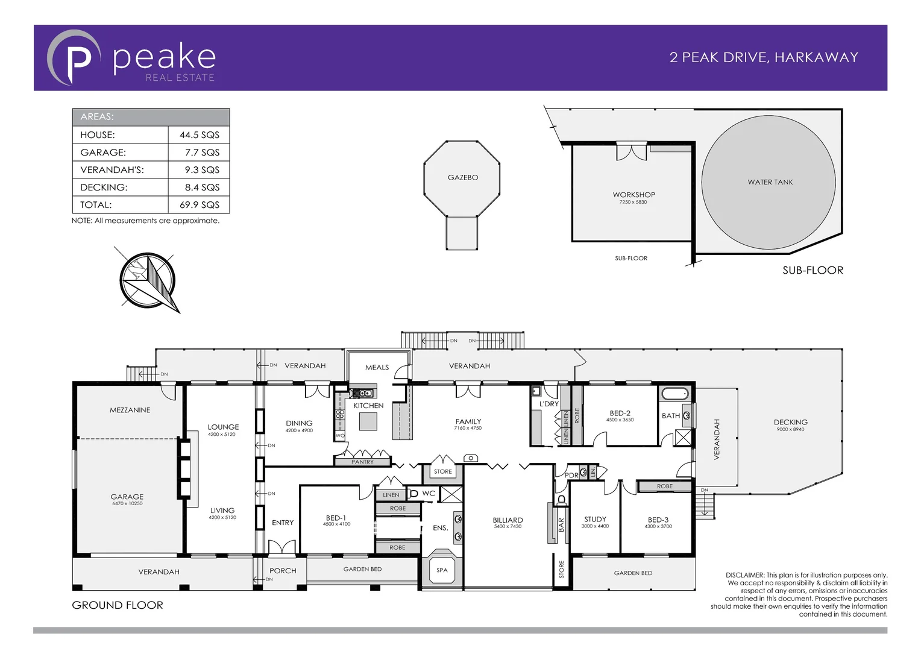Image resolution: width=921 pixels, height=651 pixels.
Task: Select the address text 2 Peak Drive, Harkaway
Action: (763, 57)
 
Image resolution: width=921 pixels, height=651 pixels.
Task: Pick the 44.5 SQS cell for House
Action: (199, 135)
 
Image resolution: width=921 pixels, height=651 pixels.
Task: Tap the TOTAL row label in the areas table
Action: (96, 205)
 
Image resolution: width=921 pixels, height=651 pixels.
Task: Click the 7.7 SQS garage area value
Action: (202, 153)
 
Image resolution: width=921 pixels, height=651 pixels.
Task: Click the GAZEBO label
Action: (462, 177)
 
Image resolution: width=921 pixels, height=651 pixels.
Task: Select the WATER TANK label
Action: (770, 182)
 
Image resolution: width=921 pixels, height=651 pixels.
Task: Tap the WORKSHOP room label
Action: (633, 195)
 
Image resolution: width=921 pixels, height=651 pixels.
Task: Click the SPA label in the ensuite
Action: (442, 570)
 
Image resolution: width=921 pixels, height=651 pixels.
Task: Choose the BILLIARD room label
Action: (508, 520)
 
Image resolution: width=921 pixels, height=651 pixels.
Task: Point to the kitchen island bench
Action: (368, 421)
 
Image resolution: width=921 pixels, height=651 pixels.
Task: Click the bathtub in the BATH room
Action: (674, 395)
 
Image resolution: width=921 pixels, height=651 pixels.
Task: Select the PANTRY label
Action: (362, 462)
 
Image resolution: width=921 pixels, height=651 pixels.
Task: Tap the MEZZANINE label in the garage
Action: (130, 410)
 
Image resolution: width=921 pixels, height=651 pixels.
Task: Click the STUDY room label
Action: (595, 519)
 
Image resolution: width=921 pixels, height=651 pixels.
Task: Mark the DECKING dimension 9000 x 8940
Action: (790, 430)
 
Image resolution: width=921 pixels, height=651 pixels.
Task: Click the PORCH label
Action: (283, 571)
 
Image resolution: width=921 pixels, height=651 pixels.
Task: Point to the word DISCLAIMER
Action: (744, 575)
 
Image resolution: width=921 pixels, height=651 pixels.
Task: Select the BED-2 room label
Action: (620, 414)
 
